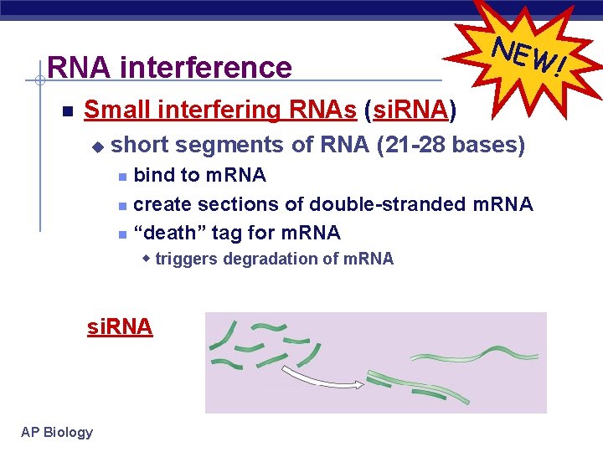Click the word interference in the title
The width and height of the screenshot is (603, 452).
click(206, 67)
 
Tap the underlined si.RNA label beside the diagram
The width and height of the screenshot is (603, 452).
click(120, 326)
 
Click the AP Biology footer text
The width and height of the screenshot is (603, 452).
click(57, 432)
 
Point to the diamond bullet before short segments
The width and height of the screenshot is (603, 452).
click(97, 147)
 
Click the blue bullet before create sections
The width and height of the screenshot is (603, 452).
click(121, 206)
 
